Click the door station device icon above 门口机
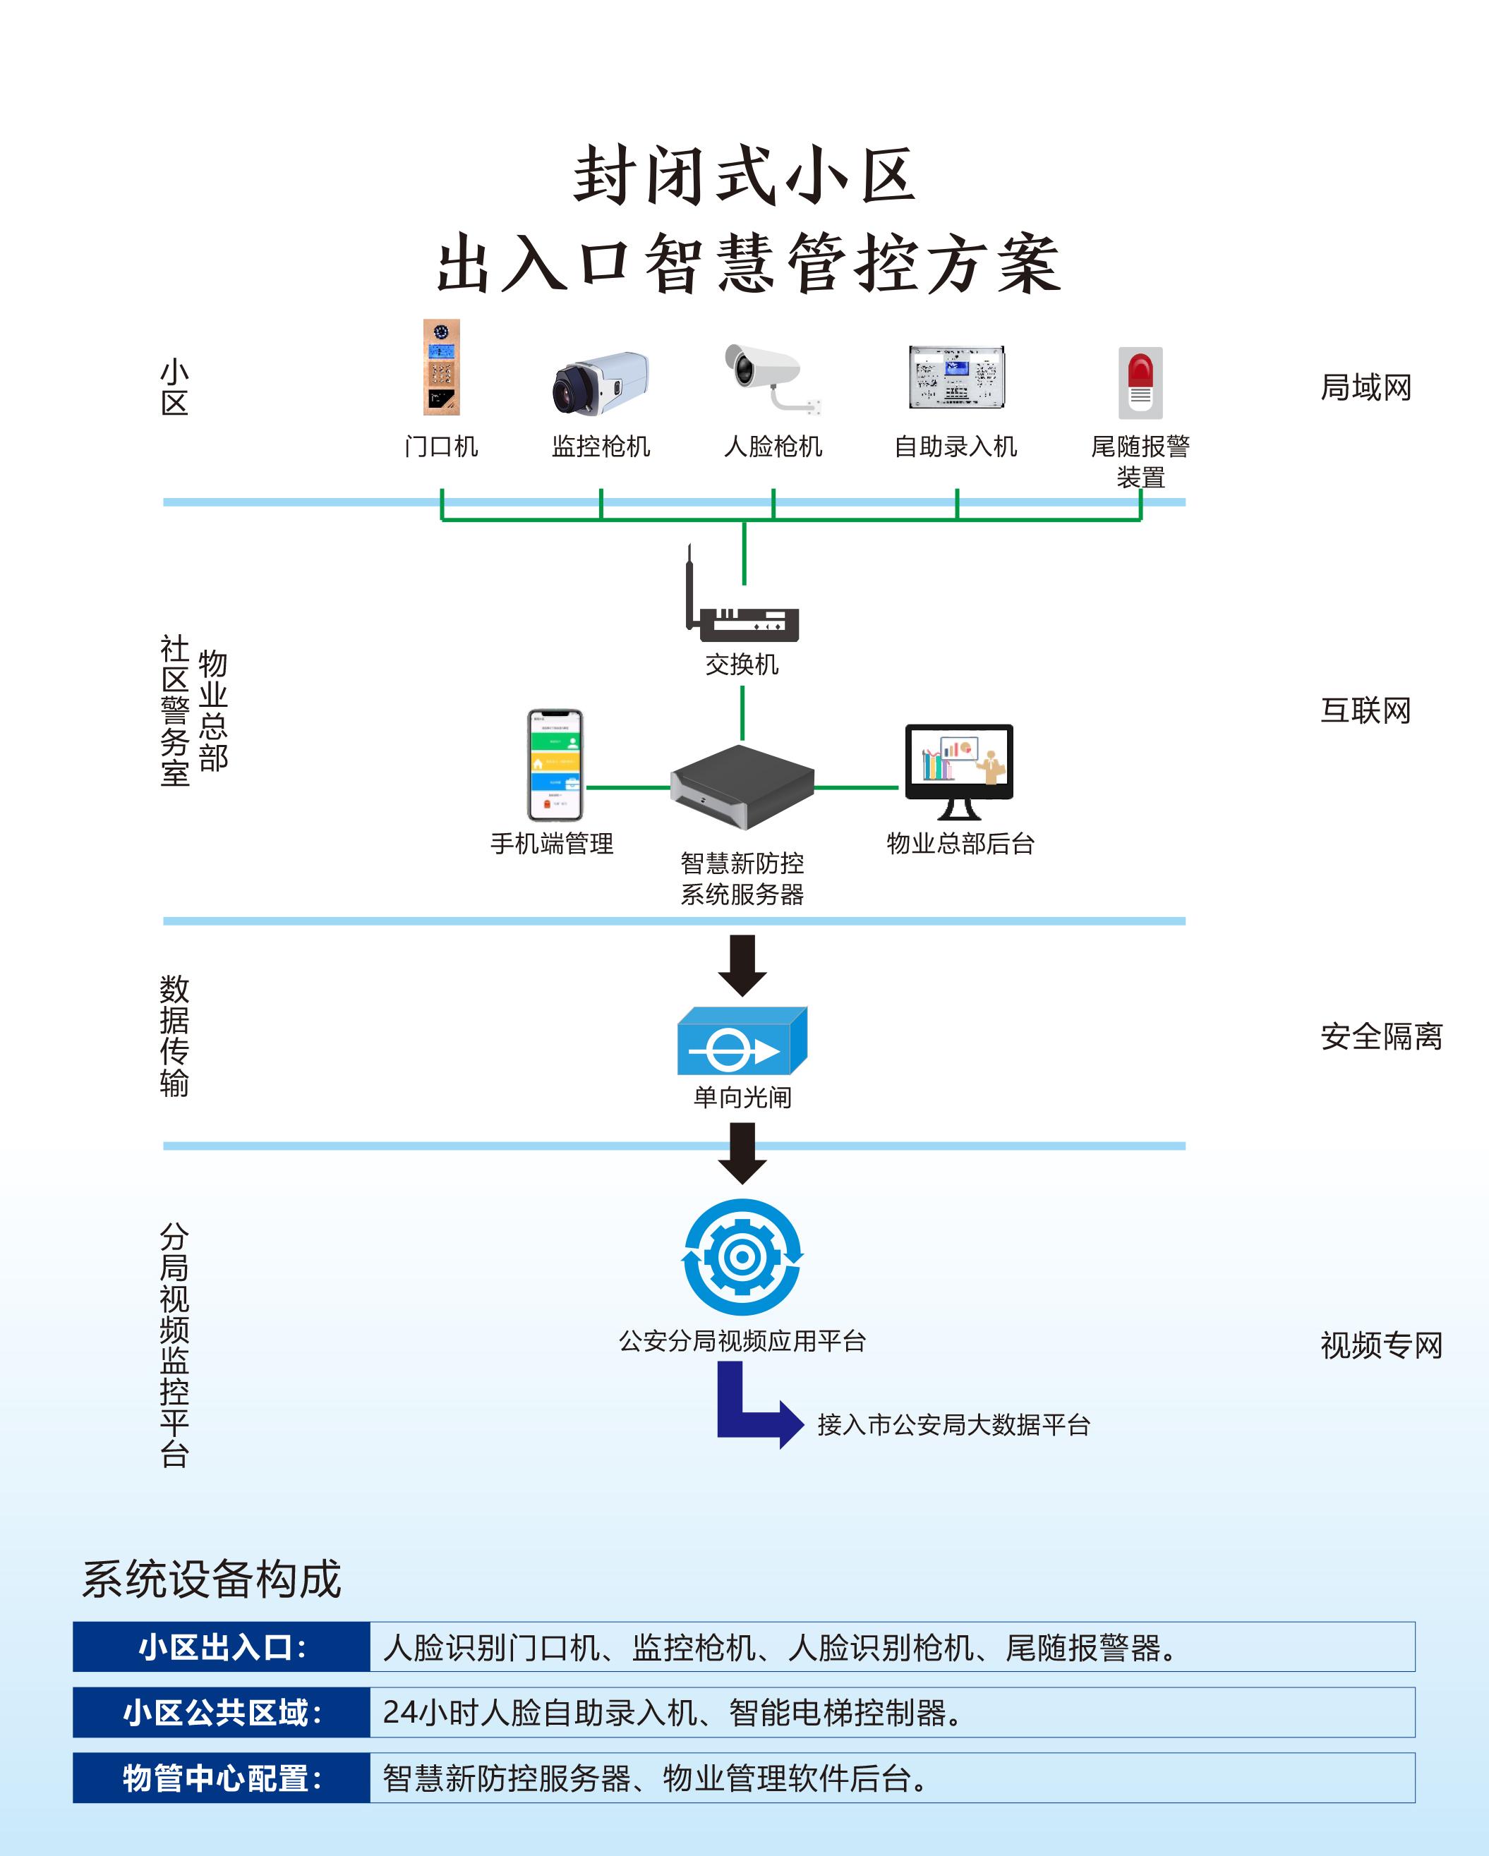(442, 368)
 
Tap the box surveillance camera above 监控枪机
(601, 382)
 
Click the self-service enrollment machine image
(956, 377)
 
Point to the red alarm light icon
(1140, 382)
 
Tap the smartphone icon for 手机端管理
(555, 765)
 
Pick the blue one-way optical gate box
(742, 1041)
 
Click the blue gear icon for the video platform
(742, 1257)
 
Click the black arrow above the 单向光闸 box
(742, 964)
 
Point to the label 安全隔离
(1381, 1036)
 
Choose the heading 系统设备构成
(212, 1579)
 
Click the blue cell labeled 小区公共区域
(222, 1712)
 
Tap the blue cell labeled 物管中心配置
(222, 1778)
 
